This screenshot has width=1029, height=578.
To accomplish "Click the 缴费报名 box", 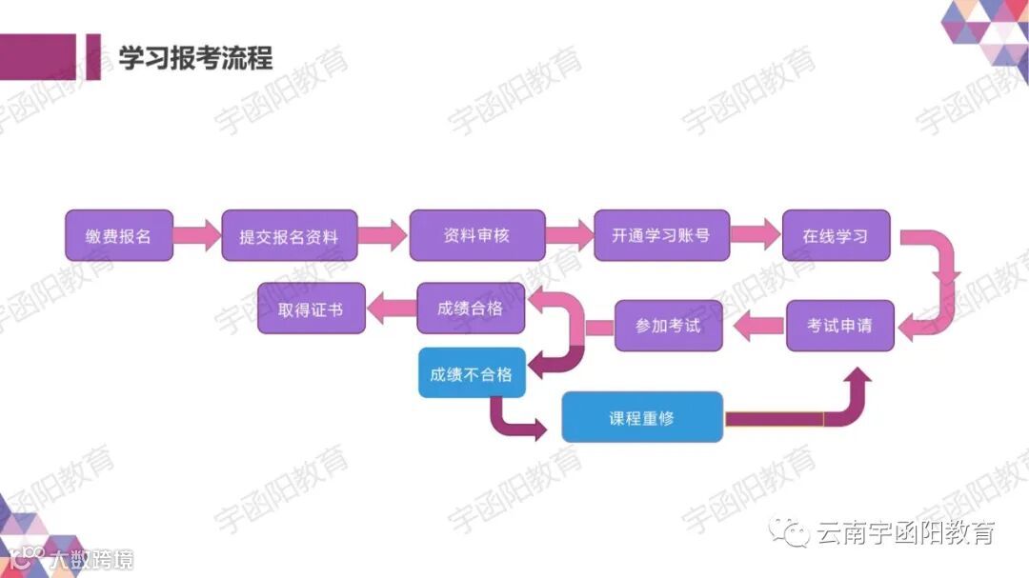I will point(119,235).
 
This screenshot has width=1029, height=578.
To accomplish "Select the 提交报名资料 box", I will point(290,236).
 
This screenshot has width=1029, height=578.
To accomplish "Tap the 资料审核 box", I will point(476,235).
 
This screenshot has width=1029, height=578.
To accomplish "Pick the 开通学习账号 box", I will point(661,235).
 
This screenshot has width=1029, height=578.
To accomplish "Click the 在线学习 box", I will point(836,235).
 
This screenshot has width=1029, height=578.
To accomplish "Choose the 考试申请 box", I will point(839,325).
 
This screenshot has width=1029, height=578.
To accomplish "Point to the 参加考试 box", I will point(669,326).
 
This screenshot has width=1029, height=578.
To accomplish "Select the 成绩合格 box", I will point(471,308).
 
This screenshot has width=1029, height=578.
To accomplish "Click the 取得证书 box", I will point(312,309).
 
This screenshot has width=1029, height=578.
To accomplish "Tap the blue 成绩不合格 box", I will point(472,373).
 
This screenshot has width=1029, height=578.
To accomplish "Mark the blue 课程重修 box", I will point(642,417).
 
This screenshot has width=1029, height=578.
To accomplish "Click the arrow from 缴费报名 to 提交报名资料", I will point(197,235).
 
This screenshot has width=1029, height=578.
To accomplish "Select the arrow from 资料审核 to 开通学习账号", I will point(569,235).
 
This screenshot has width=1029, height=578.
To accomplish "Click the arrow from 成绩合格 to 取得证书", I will point(391,307).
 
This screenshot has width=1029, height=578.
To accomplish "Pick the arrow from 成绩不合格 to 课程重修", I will point(514,420).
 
